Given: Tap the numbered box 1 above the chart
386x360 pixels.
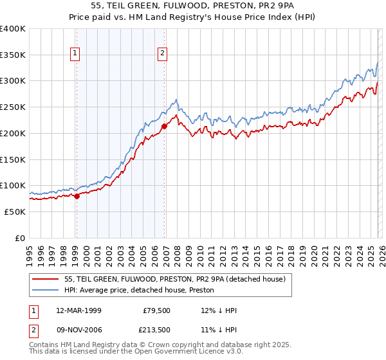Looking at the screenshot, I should click(x=76, y=53).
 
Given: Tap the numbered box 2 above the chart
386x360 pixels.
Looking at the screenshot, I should click(x=162, y=53).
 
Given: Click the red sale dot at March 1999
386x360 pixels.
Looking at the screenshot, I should click(x=77, y=196).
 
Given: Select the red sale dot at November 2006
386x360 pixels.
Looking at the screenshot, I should click(x=164, y=126).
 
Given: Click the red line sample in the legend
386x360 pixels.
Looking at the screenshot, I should click(x=46, y=279).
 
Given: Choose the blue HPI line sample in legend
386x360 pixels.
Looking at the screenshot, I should click(x=46, y=290).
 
